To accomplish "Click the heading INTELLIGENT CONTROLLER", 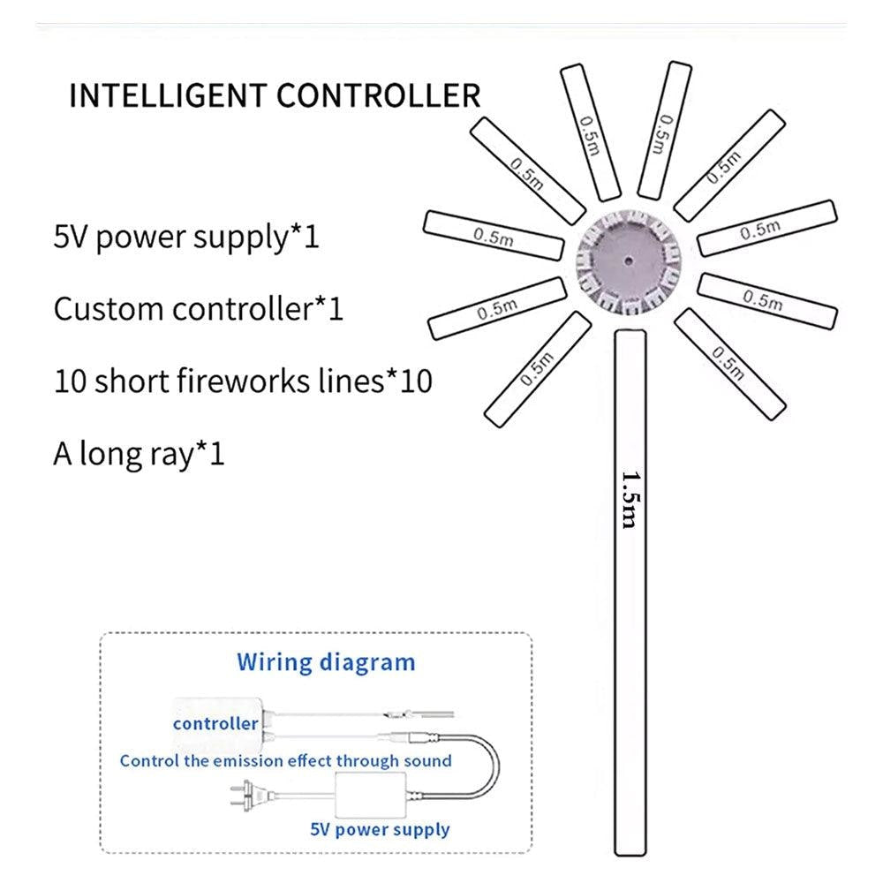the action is (x=275, y=95).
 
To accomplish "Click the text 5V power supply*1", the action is (x=186, y=237).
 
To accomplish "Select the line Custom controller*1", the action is (x=198, y=308).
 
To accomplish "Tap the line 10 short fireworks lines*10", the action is (x=244, y=381).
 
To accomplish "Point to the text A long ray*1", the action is (x=140, y=454).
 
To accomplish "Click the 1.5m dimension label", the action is (x=630, y=500).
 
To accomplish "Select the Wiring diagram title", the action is (x=326, y=663).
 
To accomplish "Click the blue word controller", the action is (x=215, y=724).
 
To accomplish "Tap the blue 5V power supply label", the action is (x=380, y=829).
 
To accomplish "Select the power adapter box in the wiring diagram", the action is (x=370, y=795).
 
